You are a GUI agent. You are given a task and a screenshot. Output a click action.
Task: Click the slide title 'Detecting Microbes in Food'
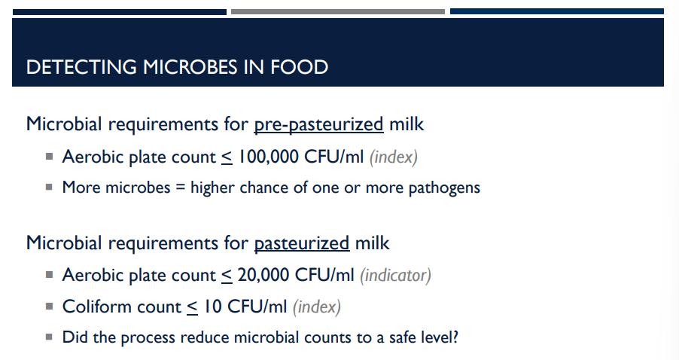tap(177, 67)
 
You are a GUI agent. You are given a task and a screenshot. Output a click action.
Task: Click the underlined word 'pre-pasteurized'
tap(318, 124)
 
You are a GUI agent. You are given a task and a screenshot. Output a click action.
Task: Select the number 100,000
tap(269, 157)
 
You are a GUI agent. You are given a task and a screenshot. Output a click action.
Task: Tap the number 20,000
tap(263, 275)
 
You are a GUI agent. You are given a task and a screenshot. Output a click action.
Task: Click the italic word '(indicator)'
tap(395, 275)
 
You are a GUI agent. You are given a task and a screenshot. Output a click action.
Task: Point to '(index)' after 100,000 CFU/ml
tap(394, 157)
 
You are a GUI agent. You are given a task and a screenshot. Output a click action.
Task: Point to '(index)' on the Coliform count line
tap(316, 307)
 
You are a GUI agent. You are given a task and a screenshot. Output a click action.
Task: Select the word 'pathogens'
tap(444, 187)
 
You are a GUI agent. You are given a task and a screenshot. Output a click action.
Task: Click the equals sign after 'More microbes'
tap(181, 188)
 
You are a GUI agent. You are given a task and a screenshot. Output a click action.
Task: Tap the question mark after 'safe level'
tap(454, 337)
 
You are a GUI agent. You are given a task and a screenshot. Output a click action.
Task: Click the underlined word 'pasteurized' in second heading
tap(302, 243)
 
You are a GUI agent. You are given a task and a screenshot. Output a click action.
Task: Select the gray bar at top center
tap(337, 11)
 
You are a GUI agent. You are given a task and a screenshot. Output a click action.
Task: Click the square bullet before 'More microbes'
tap(49, 188)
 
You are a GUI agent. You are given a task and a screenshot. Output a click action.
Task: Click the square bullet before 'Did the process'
tap(49, 337)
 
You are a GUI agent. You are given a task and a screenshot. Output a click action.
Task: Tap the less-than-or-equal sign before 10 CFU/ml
tap(192, 307)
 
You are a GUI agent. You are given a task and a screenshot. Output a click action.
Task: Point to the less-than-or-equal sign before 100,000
tap(227, 157)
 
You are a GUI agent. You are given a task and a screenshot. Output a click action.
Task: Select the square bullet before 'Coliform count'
tap(49, 307)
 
